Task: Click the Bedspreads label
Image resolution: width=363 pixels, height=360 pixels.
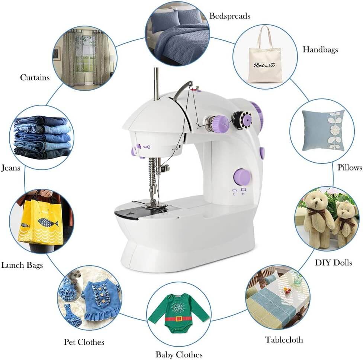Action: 229,16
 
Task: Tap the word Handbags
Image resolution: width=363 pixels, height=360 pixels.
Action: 320,49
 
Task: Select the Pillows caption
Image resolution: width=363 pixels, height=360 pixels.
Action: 350,168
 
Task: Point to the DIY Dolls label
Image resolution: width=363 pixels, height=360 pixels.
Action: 333,263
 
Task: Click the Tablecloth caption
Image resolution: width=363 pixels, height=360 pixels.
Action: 284,340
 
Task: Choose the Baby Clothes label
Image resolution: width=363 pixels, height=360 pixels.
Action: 179,354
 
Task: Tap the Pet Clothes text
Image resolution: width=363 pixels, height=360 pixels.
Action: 84,342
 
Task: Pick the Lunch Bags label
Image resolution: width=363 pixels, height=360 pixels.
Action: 22,265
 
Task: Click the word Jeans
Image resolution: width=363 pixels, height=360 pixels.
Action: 10,168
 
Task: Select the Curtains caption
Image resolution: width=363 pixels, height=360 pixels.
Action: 35,78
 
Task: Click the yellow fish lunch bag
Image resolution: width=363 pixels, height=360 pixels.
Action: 41,223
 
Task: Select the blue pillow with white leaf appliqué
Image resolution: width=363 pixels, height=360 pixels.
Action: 322,131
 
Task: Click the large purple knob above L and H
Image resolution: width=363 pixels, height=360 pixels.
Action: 242,177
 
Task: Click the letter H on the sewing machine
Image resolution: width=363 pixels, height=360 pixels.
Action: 243,194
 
